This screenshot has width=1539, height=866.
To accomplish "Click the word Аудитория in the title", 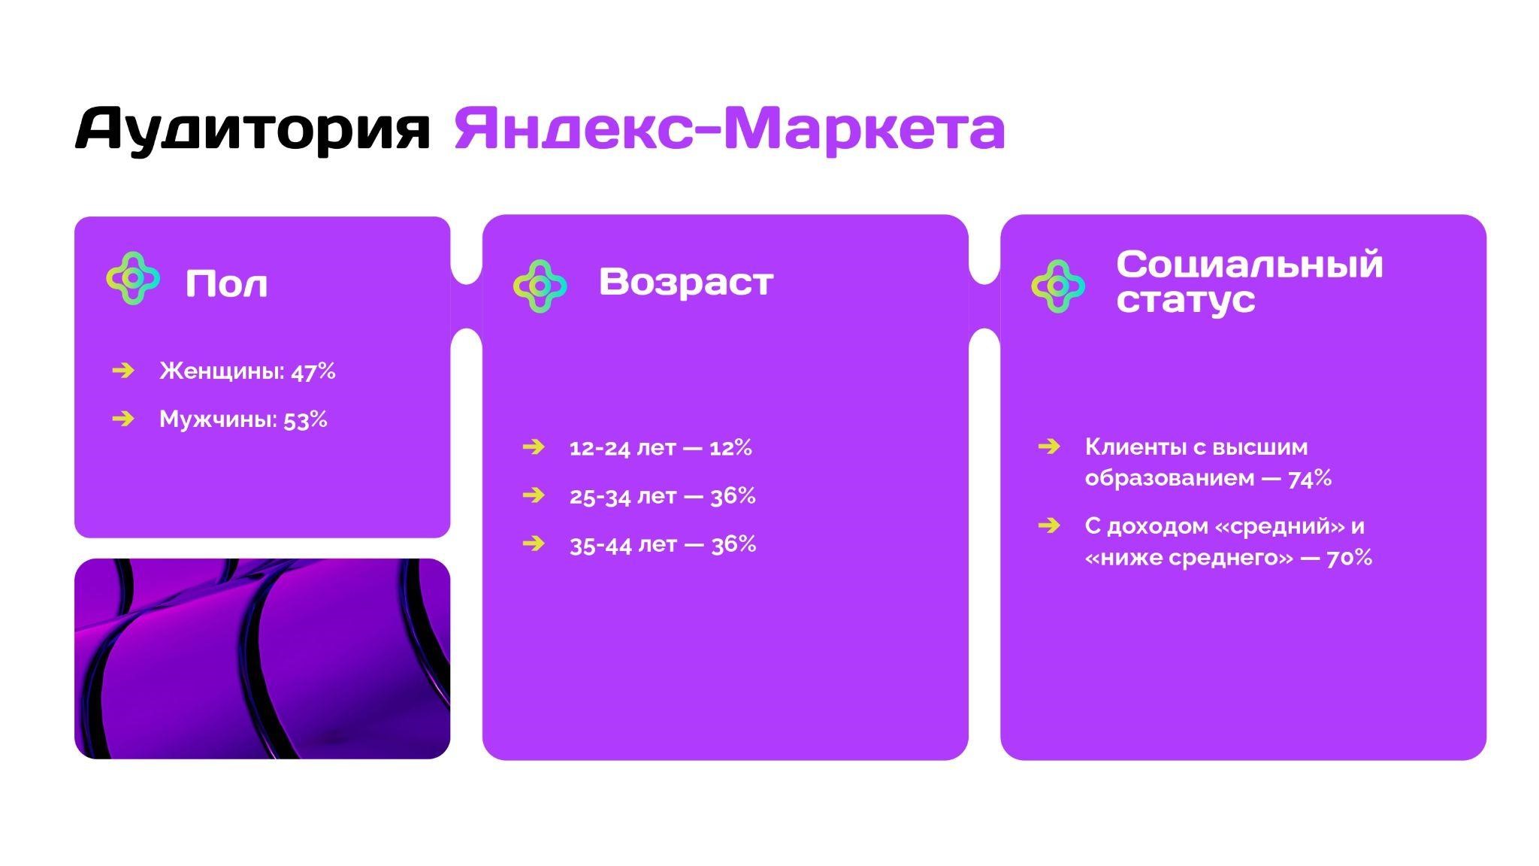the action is [252, 131].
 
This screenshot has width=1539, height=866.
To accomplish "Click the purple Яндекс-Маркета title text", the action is [730, 129].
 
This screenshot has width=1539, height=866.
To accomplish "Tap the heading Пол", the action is [226, 284].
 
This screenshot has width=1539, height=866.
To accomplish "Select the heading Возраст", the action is [686, 282].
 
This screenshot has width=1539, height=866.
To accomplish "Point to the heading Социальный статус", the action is [1250, 281].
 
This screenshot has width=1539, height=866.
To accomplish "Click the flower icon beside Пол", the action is [133, 278].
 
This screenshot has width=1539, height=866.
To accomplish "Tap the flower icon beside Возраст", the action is [540, 286].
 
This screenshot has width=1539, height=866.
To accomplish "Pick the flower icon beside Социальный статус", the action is [1058, 286].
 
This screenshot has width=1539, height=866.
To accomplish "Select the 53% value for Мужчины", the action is [305, 419].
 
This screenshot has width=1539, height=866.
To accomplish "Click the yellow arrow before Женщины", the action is [123, 370].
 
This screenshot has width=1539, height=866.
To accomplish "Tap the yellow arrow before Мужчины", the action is [123, 418].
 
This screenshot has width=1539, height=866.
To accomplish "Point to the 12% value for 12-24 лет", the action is [730, 448].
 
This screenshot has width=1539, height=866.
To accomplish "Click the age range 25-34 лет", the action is [623, 496].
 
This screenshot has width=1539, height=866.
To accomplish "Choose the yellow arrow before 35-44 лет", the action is [534, 543].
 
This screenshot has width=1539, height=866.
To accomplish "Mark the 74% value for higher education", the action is [1310, 478].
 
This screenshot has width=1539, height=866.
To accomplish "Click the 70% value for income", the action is [1350, 558].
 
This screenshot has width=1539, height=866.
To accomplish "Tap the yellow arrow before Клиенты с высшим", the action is [1049, 447].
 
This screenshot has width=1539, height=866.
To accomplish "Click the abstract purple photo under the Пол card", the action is [262, 659].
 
